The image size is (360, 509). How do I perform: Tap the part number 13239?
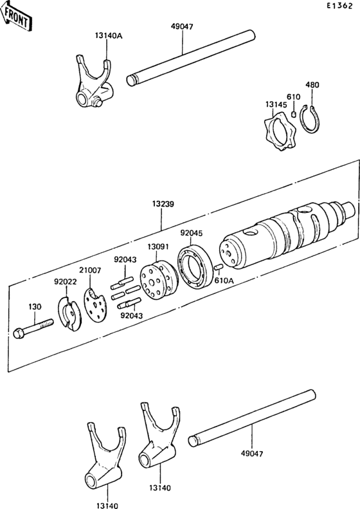[164, 203]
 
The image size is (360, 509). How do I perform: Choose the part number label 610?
[293, 97]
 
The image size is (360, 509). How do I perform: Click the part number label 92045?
[191, 233]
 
